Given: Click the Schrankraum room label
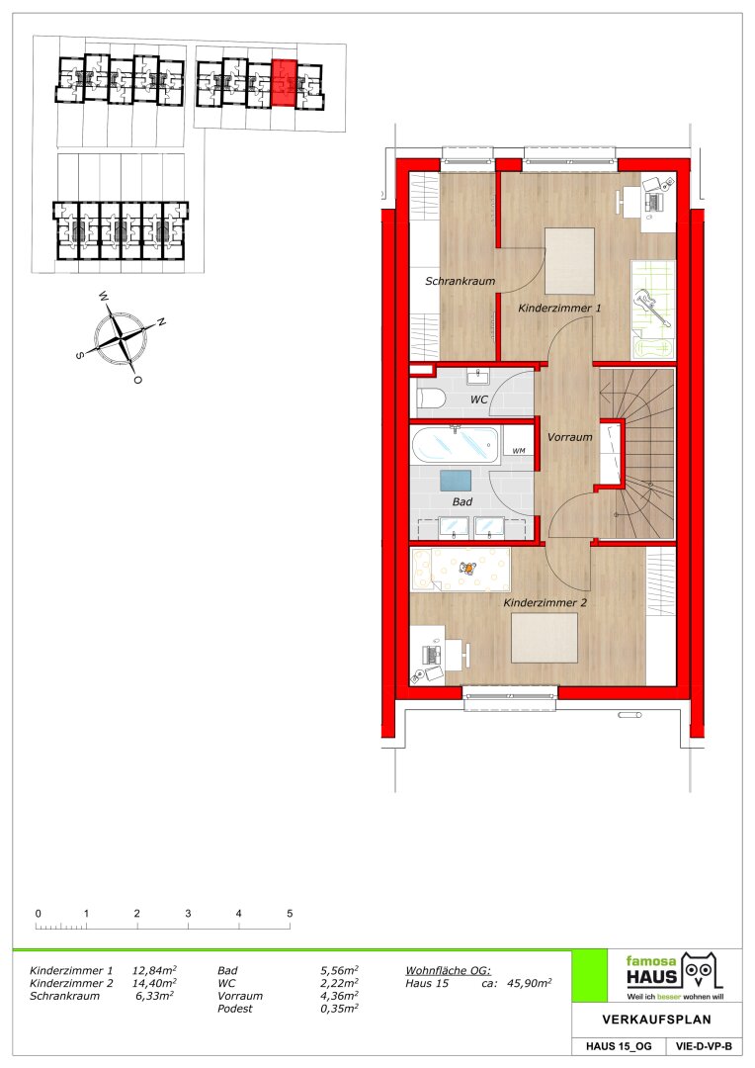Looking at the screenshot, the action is [x=461, y=281].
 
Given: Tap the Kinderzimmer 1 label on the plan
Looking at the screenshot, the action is [x=559, y=308].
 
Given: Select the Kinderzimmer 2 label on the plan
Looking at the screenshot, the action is [x=545, y=603].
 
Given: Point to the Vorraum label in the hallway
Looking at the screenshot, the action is [x=570, y=437].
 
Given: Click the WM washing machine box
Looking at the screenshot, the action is [x=519, y=450].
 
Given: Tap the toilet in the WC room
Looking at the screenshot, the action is [x=430, y=398].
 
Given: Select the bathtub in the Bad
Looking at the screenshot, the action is [x=456, y=445].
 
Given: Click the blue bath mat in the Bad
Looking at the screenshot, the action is [x=456, y=481].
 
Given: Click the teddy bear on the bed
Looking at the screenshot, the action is [x=467, y=568].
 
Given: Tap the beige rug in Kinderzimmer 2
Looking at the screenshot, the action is [x=545, y=637].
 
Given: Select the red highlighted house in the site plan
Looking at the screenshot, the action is [x=285, y=83].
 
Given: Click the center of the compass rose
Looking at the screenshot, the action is [x=122, y=337].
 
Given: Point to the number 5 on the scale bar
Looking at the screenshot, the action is [x=290, y=914].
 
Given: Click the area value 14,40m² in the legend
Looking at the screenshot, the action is [x=154, y=983].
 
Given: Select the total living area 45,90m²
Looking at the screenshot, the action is [x=529, y=983].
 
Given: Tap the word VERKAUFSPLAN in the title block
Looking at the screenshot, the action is [x=656, y=1020].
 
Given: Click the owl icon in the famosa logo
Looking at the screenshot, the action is [x=702, y=971].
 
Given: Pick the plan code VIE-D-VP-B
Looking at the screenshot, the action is [x=704, y=1047].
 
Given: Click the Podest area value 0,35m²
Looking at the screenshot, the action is [x=339, y=1009].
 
